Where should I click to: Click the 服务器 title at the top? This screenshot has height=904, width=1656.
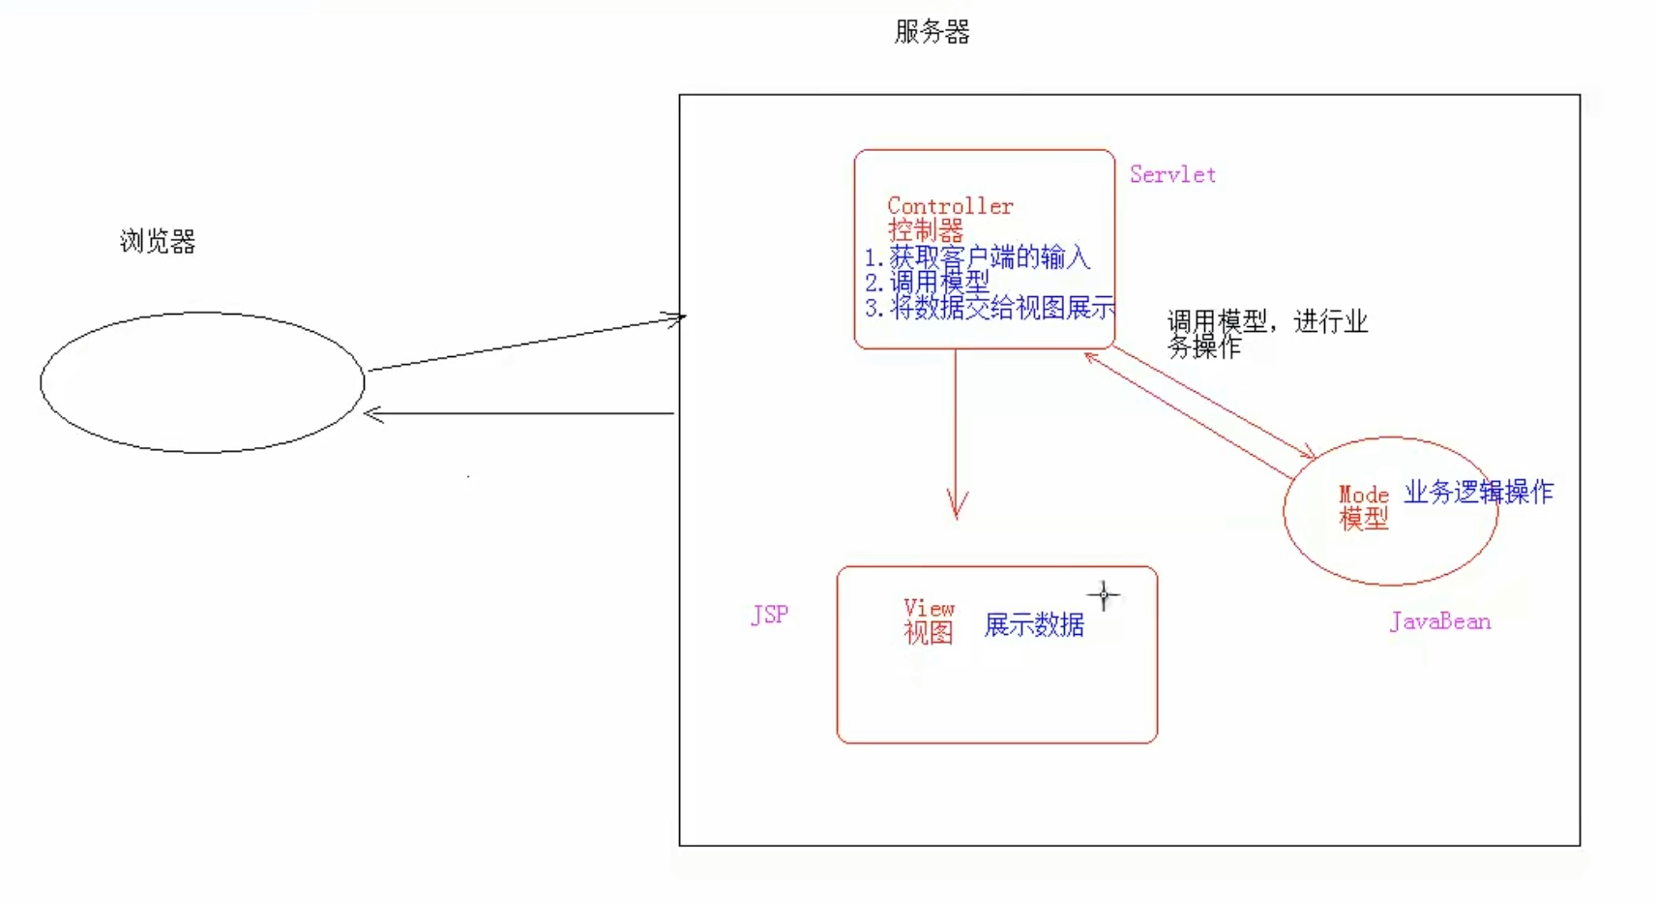[931, 32]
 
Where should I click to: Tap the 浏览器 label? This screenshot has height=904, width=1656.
[158, 241]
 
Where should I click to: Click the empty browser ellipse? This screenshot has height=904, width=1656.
[202, 382]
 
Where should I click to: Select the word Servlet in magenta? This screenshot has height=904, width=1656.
[1172, 175]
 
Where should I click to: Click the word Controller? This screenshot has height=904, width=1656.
[950, 206]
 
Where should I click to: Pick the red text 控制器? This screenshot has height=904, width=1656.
[926, 230]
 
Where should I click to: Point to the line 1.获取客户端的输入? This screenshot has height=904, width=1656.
[977, 257]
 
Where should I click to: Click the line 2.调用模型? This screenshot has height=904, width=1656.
[927, 283]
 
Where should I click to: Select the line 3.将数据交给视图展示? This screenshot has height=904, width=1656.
[990, 308]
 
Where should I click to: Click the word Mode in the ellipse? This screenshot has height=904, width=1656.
[1363, 495]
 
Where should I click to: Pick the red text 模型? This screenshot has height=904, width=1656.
[1363, 519]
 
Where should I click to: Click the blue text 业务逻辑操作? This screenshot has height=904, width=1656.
[1478, 492]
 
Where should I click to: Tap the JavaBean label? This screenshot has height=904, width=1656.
[1439, 621]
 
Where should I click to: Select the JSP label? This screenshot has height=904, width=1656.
[769, 615]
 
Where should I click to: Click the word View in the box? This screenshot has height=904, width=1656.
[929, 608]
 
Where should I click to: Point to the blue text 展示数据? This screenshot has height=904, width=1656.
[1034, 625]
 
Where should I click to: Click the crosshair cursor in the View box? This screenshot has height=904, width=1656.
[1104, 595]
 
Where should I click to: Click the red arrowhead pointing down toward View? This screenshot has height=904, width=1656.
[957, 507]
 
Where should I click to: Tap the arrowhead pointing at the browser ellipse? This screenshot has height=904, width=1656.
[373, 414]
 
